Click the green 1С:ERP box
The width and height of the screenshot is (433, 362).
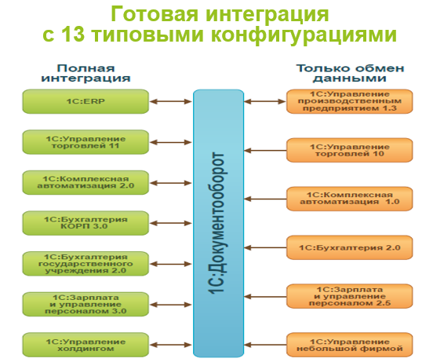tap(85, 101)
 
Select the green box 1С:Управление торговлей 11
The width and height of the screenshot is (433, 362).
tap(85, 142)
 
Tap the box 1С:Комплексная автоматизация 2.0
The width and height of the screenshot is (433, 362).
tap(85, 182)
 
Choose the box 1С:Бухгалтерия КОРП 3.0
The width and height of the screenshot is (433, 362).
tap(85, 222)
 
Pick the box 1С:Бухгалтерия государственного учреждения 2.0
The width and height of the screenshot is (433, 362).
tap(85, 263)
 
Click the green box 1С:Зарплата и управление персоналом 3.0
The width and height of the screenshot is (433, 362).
tap(85, 304)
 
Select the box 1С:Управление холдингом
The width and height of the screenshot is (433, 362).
tap(85, 345)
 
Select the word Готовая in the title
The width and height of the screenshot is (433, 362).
tap(155, 13)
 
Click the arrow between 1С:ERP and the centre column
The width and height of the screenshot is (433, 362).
tap(170, 101)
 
